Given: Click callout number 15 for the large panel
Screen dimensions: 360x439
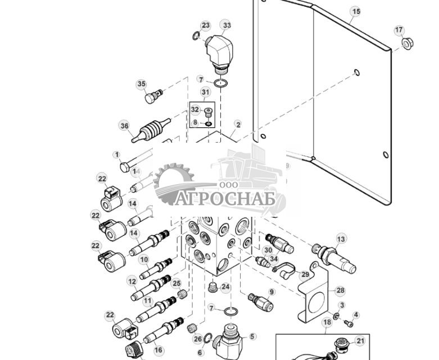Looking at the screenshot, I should pos(355,11).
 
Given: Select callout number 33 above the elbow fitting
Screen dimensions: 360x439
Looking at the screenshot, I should pos(226,25).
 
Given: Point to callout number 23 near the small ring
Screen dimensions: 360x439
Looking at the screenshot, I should pos(206,25).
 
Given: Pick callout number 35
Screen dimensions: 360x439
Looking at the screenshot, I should pos(141,84).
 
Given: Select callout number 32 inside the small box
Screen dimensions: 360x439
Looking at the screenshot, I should pos(195,110).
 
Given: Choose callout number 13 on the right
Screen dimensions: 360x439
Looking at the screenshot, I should pos(341,239).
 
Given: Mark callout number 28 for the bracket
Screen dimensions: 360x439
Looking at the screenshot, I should pos(340,290).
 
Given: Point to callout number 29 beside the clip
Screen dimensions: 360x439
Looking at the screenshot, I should pos(305,274).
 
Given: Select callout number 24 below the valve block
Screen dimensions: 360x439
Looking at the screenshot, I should pos(225,287).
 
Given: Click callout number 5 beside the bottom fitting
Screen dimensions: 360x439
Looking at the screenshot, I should pos(252,337).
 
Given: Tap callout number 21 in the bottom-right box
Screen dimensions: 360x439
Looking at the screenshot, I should pos(360,341).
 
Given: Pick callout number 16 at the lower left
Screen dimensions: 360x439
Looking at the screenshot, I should pos(159,350).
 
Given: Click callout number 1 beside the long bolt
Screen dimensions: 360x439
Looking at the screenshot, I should pos(117,154).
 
